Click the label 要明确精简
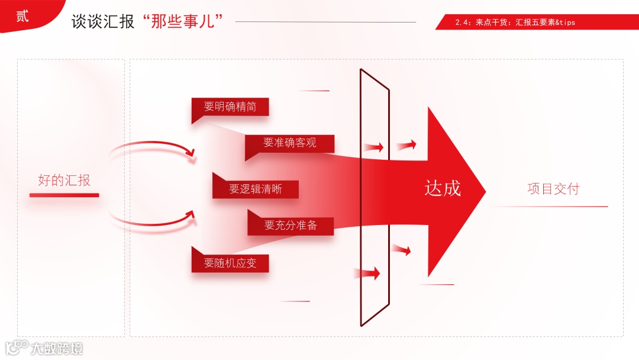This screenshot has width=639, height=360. (230, 107)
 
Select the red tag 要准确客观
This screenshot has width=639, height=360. (290, 143)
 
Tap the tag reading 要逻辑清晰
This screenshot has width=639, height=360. (256, 189)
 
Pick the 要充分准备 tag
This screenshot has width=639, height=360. (291, 226)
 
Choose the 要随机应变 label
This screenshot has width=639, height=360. (230, 263)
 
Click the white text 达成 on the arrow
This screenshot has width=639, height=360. (443, 188)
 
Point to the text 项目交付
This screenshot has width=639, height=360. (553, 189)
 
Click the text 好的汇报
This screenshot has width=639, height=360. (64, 180)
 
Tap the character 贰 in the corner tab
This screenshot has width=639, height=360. (22, 16)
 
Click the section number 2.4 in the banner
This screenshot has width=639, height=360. (463, 22)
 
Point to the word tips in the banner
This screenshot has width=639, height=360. (566, 22)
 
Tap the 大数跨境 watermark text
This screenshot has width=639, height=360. (57, 348)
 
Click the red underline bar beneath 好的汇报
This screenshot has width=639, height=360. (64, 195)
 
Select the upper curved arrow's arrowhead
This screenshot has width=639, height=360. (191, 153)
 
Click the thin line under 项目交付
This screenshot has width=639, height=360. (550, 207)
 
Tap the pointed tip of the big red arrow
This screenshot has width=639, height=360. (483, 191)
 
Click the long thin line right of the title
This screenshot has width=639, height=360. (325, 22)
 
